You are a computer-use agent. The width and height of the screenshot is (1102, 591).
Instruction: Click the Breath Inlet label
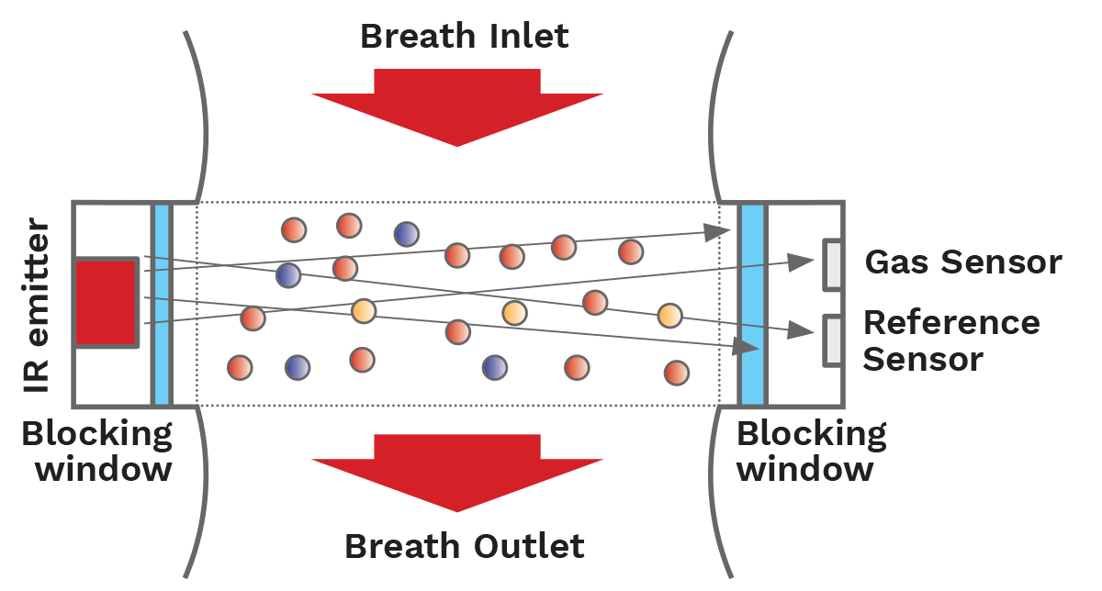(x=464, y=37)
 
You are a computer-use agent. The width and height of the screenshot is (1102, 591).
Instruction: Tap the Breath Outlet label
(x=464, y=547)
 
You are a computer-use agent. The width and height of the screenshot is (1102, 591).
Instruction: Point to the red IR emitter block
(x=106, y=302)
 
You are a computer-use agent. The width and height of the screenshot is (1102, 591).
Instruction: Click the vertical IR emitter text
(x=38, y=304)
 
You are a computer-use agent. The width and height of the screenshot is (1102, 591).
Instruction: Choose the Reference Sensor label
(x=950, y=340)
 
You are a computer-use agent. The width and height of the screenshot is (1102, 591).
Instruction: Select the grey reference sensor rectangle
(x=833, y=340)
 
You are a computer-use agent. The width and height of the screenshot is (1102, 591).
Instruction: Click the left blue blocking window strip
(x=162, y=304)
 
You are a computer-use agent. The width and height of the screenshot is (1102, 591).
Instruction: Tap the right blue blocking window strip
(x=752, y=304)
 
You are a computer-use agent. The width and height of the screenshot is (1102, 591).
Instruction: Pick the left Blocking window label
(x=96, y=451)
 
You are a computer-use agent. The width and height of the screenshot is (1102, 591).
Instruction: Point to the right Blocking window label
(x=811, y=451)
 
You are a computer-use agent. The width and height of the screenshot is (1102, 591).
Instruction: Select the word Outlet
(x=530, y=547)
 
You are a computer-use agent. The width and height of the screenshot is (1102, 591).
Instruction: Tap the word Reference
(x=951, y=323)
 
